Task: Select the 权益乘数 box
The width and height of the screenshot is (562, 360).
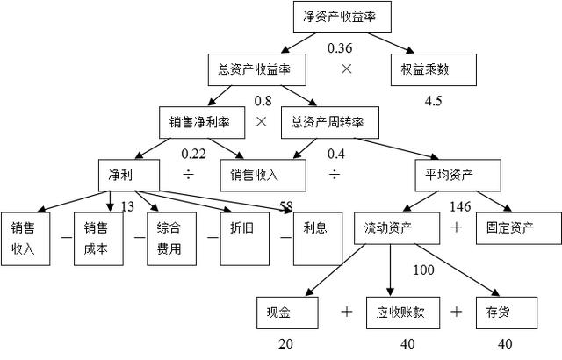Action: tap(432, 68)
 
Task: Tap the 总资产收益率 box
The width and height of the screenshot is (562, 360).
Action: tap(249, 68)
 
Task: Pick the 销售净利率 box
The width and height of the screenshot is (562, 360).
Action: tap(199, 121)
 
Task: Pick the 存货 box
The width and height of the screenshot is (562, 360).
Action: tap(498, 312)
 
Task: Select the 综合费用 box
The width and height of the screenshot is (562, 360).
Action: tap(169, 238)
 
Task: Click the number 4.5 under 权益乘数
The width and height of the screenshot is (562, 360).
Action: tap(433, 101)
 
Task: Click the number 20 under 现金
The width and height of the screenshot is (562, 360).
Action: tap(285, 344)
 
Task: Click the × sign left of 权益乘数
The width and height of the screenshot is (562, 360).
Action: tap(347, 68)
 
